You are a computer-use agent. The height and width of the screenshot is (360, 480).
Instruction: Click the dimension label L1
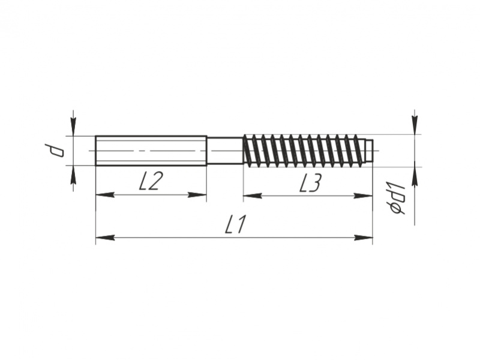click(x=235, y=224)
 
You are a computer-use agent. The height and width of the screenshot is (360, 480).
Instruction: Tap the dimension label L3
click(x=310, y=183)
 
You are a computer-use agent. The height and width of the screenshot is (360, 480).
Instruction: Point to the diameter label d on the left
click(x=54, y=151)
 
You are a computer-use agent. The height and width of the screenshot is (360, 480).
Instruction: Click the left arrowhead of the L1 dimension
click(x=105, y=237)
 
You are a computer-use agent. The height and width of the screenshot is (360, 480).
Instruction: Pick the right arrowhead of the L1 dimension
click(x=364, y=237)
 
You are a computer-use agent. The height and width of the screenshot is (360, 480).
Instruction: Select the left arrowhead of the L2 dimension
click(x=105, y=194)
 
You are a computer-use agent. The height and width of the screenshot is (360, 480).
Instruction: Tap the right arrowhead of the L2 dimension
click(x=197, y=194)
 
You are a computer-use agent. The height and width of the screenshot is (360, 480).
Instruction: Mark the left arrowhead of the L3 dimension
click(x=253, y=196)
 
